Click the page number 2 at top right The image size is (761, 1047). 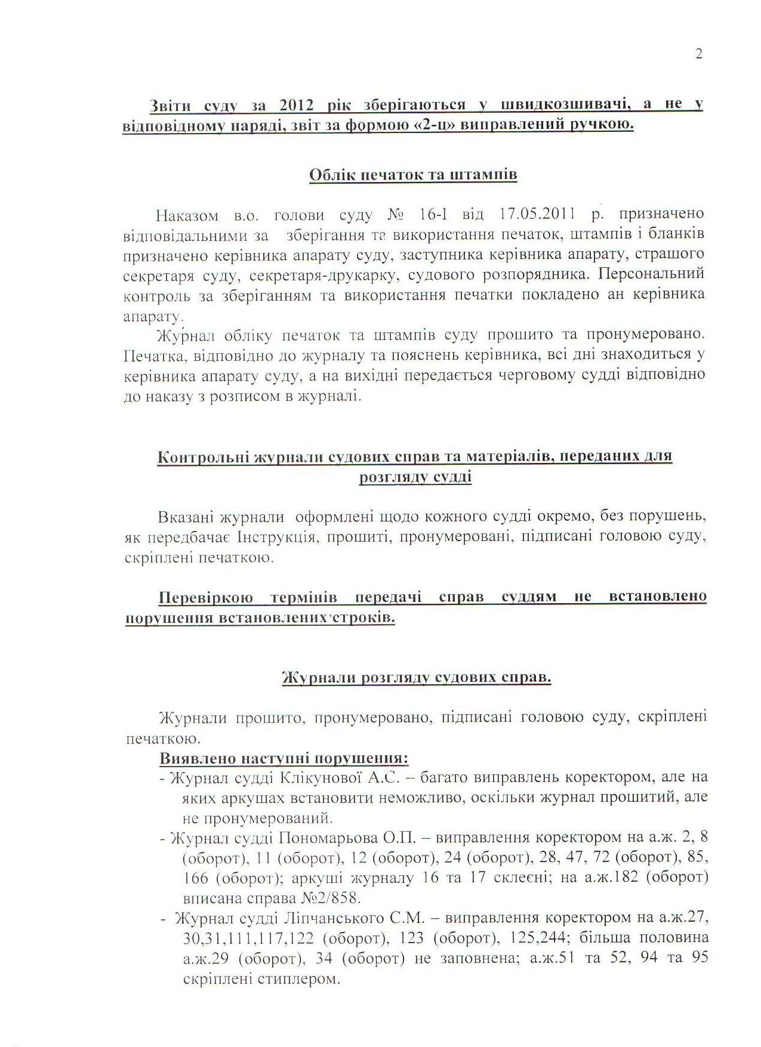(x=699, y=54)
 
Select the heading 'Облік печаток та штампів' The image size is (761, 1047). (x=413, y=175)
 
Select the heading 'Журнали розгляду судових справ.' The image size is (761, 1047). (x=416, y=678)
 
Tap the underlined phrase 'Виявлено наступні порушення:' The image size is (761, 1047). (x=284, y=759)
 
